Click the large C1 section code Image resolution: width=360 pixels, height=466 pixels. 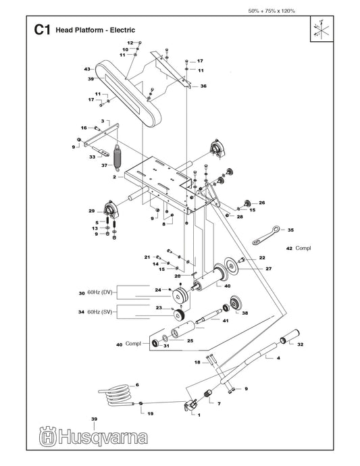tap(42, 30)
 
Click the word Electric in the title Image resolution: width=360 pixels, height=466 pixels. tap(122, 30)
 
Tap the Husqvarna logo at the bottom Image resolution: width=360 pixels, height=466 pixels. tap(93, 436)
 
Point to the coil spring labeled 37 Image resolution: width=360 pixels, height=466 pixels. tap(118, 158)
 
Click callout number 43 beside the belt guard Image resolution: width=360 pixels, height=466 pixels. tap(87, 70)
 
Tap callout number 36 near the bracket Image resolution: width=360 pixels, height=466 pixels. tap(203, 86)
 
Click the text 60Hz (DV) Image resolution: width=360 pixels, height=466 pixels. tap(100, 292)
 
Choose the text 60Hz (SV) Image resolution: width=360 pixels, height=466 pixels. tap(100, 312)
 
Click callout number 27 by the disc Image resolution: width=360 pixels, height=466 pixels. tap(268, 269)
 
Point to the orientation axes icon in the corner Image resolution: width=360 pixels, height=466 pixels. tap(322, 29)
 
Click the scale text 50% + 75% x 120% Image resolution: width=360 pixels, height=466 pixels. tap(272, 11)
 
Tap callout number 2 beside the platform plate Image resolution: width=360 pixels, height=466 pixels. tap(114, 177)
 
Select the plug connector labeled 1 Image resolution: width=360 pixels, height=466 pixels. tap(190, 405)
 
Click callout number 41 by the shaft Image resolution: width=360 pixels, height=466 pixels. tap(226, 321)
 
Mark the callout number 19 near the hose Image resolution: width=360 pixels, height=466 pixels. tap(151, 413)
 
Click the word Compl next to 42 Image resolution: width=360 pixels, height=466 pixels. tap(303, 248)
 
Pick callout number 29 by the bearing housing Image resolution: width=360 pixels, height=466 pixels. tap(92, 211)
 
